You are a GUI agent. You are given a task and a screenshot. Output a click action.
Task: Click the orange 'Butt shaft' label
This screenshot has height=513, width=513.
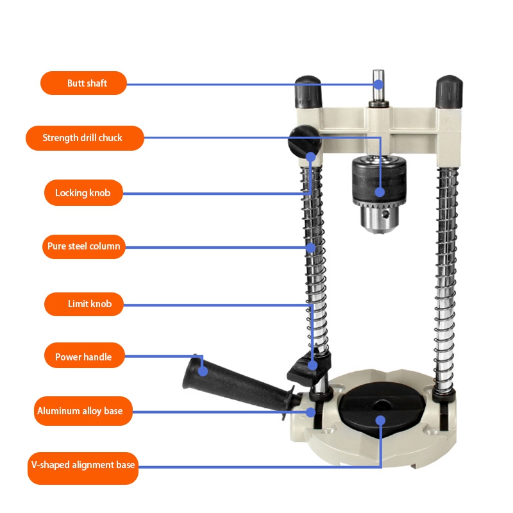pos(83,83)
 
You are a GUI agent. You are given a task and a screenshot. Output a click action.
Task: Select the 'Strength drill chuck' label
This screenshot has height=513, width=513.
pos(84,138)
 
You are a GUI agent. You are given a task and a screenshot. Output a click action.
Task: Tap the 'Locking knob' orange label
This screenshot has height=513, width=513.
pos(83,192)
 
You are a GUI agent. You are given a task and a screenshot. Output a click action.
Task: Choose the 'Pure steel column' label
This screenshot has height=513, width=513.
pos(83,246)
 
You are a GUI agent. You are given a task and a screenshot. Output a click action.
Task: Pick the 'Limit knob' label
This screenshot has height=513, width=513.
pos(83,303)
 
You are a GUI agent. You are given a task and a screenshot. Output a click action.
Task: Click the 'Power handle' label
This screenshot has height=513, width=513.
pos(83,357)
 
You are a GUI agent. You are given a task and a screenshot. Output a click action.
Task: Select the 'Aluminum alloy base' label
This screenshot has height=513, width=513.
pos(83,411)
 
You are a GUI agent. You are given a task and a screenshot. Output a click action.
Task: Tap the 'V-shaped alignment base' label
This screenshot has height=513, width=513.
pos(83,464)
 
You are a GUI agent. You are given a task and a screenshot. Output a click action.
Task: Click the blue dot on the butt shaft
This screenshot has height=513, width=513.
pos(378,84)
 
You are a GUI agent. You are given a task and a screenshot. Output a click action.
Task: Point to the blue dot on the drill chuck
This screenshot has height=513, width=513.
pos(380,191)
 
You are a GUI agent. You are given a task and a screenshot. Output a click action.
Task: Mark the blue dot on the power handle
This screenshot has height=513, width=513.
pos(203,370)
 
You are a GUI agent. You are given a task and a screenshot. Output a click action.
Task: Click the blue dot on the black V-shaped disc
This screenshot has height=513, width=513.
pos(380,420)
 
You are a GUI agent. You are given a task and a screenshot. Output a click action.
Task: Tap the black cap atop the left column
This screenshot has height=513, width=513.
pos(308,93)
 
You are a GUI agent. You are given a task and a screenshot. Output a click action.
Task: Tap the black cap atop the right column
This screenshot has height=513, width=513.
pos(449,93)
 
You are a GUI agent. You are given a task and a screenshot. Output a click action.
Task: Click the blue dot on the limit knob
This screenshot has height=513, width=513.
pos(312,366)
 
